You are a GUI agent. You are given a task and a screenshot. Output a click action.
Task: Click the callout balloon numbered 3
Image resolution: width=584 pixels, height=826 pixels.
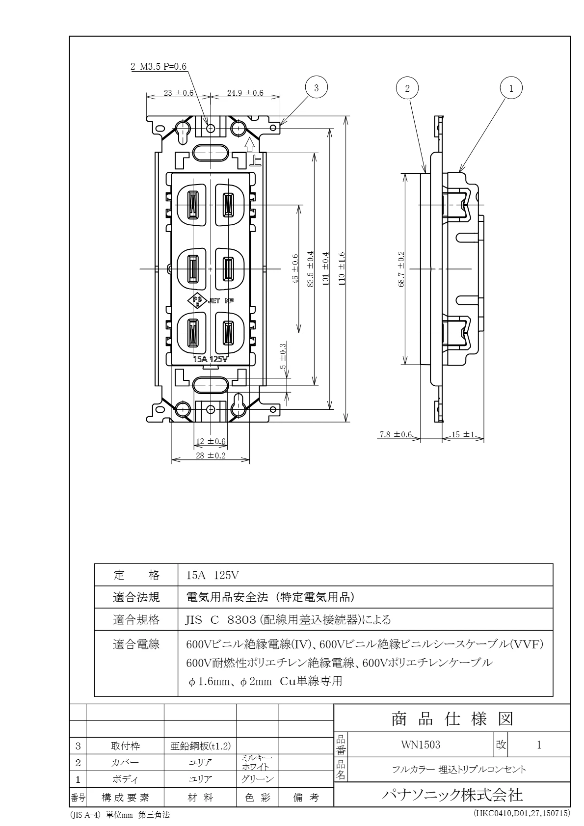point(317,88)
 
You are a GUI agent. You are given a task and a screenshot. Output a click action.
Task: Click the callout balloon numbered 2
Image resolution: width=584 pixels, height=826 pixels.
point(407,88)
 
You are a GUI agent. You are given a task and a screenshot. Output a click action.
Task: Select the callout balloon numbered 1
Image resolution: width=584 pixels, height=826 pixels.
point(511,88)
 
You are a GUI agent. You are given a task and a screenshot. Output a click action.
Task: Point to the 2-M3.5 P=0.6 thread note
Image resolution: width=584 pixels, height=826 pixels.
point(159,67)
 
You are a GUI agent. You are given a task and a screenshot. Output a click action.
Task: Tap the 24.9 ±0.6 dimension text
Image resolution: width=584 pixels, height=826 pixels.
point(245,93)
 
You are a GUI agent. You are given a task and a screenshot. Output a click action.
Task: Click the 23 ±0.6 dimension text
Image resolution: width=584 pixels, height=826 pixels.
point(178,93)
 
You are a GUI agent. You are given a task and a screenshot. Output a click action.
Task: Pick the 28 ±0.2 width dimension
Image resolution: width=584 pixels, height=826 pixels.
point(210,455)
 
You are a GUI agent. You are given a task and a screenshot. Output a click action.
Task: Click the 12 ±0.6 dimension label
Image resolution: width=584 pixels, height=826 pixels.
point(211,441)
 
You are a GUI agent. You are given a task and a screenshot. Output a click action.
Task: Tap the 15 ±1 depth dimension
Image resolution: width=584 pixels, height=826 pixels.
point(463,434)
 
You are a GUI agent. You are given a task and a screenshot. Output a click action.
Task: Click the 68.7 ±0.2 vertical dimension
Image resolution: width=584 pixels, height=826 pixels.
point(401,269)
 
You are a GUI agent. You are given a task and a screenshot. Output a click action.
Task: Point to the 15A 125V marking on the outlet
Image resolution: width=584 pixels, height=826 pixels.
point(211,359)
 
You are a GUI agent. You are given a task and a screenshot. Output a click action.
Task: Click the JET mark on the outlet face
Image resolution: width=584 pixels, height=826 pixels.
point(214,301)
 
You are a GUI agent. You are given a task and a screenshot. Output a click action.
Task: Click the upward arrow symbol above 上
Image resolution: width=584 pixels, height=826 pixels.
point(249,144)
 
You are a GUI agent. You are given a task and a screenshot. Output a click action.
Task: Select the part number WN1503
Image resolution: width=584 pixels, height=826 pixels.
point(421,745)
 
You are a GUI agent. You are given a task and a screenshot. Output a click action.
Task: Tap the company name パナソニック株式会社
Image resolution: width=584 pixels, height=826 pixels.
point(452,794)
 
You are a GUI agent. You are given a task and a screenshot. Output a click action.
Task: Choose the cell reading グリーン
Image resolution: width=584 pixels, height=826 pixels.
point(257,779)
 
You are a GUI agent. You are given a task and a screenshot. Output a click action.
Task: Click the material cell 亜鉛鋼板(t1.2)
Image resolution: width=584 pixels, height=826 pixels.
point(200,746)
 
